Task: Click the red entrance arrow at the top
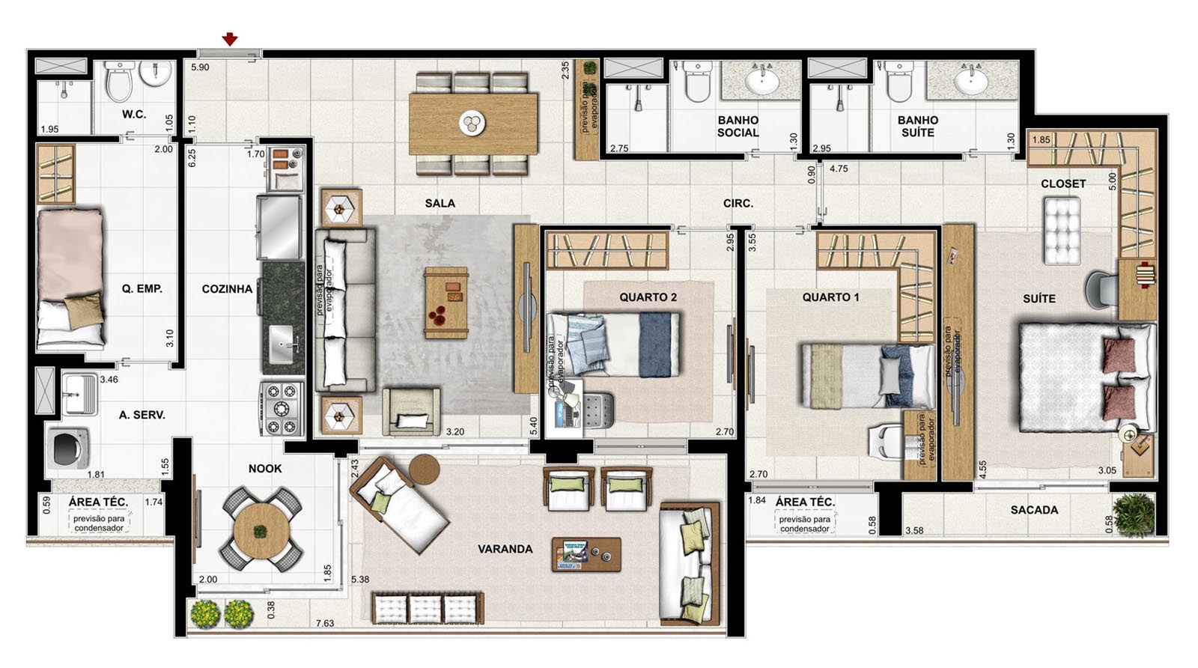[230, 38]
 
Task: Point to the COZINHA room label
[227, 289]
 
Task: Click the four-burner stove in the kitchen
[282, 409]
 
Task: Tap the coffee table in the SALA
[446, 303]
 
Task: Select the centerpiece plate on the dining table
[472, 123]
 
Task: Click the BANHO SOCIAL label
[738, 127]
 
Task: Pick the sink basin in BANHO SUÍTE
[971, 82]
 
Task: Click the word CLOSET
[1063, 183]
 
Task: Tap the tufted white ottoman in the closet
[1062, 231]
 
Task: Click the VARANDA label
[505, 549]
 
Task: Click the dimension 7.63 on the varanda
[325, 624]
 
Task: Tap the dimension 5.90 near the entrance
[200, 67]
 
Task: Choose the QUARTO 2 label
[648, 297]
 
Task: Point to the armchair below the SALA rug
[411, 411]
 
